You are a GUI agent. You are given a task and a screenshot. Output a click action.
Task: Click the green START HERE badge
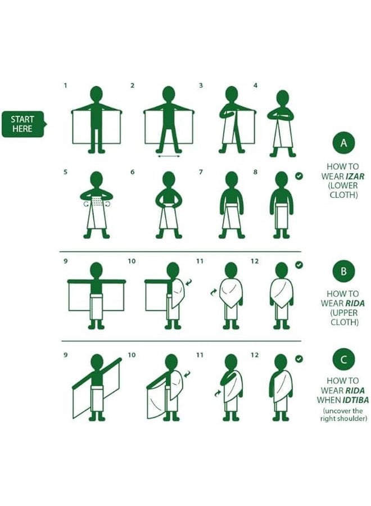23,124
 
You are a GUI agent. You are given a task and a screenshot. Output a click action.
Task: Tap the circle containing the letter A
343,143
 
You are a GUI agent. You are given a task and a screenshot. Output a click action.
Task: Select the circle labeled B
343,271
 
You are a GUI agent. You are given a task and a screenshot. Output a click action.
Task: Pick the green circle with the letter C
343,359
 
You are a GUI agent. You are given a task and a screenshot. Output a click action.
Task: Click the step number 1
66,85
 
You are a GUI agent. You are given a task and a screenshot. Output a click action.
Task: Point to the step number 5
66,171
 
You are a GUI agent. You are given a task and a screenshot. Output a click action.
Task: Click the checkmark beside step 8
299,176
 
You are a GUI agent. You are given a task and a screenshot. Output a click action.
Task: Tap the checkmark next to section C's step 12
299,359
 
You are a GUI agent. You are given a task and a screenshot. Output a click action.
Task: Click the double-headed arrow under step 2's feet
169,156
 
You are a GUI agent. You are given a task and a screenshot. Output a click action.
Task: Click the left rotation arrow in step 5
86,204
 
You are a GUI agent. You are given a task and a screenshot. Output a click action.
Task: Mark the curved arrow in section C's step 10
187,374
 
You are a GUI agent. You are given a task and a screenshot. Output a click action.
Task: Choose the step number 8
255,171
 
